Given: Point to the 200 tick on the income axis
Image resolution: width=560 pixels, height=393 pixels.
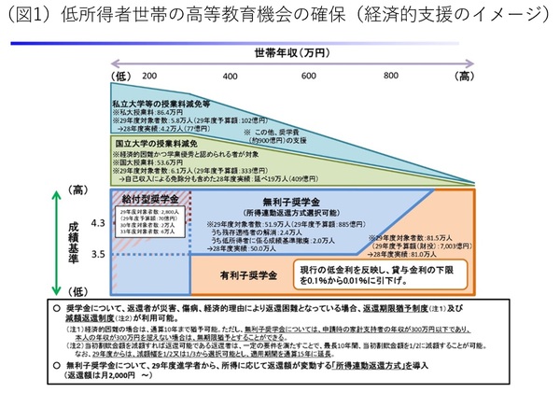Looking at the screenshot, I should pyautogui.click(x=149, y=75).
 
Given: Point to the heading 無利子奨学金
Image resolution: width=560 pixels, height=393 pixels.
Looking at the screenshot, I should pyautogui.click(x=289, y=201).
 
